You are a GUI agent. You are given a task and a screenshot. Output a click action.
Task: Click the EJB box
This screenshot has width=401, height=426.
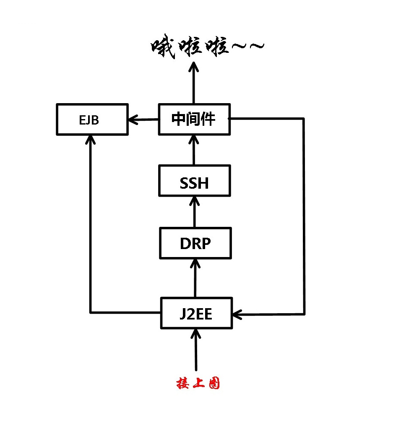click(92, 119)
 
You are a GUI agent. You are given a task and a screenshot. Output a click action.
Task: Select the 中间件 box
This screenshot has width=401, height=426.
click(194, 119)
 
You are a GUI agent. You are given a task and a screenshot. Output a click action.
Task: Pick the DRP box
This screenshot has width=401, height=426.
click(195, 243)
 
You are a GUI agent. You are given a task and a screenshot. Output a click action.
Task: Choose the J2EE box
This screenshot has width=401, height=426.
click(196, 313)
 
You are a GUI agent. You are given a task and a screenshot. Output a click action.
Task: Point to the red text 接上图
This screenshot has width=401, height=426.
click(198, 383)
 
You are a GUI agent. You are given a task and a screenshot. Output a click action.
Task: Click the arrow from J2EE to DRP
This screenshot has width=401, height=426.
click(195, 279)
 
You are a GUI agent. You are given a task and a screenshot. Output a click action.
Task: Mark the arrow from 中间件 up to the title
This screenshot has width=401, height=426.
click(194, 84)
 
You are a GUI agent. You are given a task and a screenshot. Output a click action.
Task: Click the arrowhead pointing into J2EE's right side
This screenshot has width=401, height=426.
click(237, 314)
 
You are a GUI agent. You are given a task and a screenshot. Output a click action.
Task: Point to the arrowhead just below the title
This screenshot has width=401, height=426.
click(194, 67)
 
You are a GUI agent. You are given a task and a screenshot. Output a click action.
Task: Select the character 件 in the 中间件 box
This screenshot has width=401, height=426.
click(208, 119)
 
